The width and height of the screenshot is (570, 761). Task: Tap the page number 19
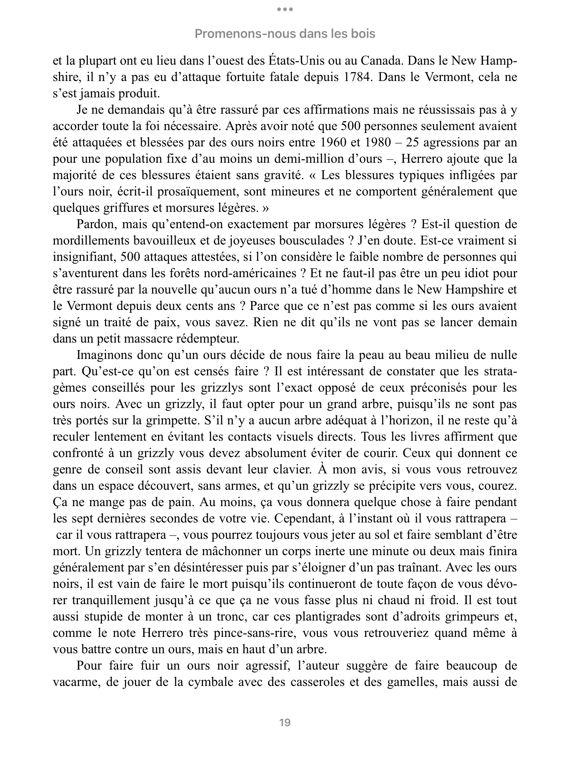tap(285, 722)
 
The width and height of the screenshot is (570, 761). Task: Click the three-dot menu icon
tap(285, 9)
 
